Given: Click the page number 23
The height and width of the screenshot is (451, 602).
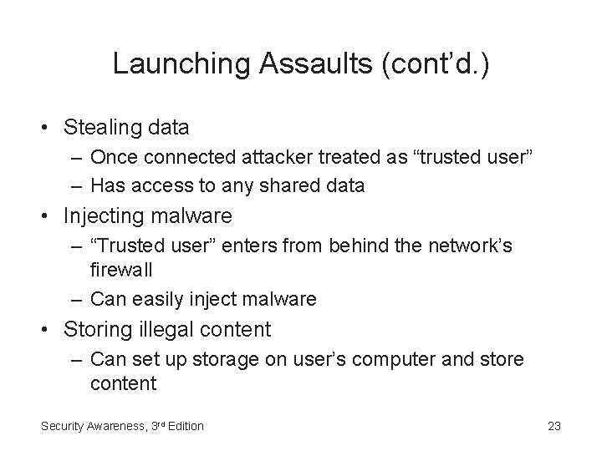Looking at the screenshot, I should click(554, 426).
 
